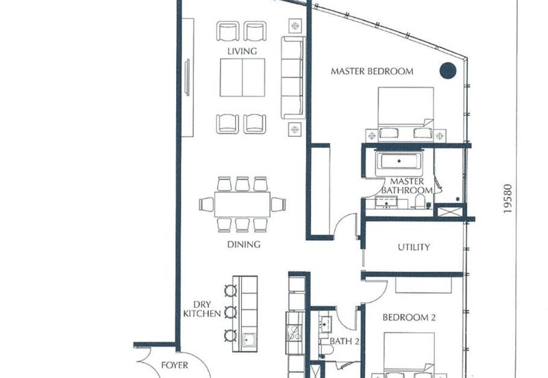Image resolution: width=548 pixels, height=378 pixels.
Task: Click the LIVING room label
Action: [242, 51]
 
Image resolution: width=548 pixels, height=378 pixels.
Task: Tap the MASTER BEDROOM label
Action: [372, 71]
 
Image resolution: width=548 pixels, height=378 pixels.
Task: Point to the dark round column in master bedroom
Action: [448, 71]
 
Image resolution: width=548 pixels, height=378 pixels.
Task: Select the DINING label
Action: [244, 244]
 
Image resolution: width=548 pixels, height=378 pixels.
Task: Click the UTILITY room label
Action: [414, 247]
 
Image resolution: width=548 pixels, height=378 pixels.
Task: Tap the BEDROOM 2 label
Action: [409, 318]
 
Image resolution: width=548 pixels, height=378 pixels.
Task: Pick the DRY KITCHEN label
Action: [202, 309]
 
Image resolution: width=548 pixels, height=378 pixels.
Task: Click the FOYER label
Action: [175, 366]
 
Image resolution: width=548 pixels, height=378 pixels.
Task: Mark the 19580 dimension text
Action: [508, 199]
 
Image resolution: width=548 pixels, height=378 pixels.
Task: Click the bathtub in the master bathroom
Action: [399, 162]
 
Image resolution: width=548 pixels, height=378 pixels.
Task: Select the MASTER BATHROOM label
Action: [407, 186]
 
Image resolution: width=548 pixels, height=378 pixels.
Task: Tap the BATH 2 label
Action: [345, 341]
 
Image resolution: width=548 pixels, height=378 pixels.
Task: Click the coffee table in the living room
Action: [242, 77]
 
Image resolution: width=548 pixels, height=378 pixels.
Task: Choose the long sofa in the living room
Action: [292, 77]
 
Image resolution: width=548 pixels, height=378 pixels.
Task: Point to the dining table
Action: [242, 204]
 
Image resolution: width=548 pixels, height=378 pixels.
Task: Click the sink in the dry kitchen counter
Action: [249, 339]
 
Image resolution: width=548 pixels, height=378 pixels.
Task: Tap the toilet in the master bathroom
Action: [419, 202]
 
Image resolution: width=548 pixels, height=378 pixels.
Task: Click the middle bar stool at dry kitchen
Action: [230, 312]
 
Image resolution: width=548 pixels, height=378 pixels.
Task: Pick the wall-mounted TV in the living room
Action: [187, 77]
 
